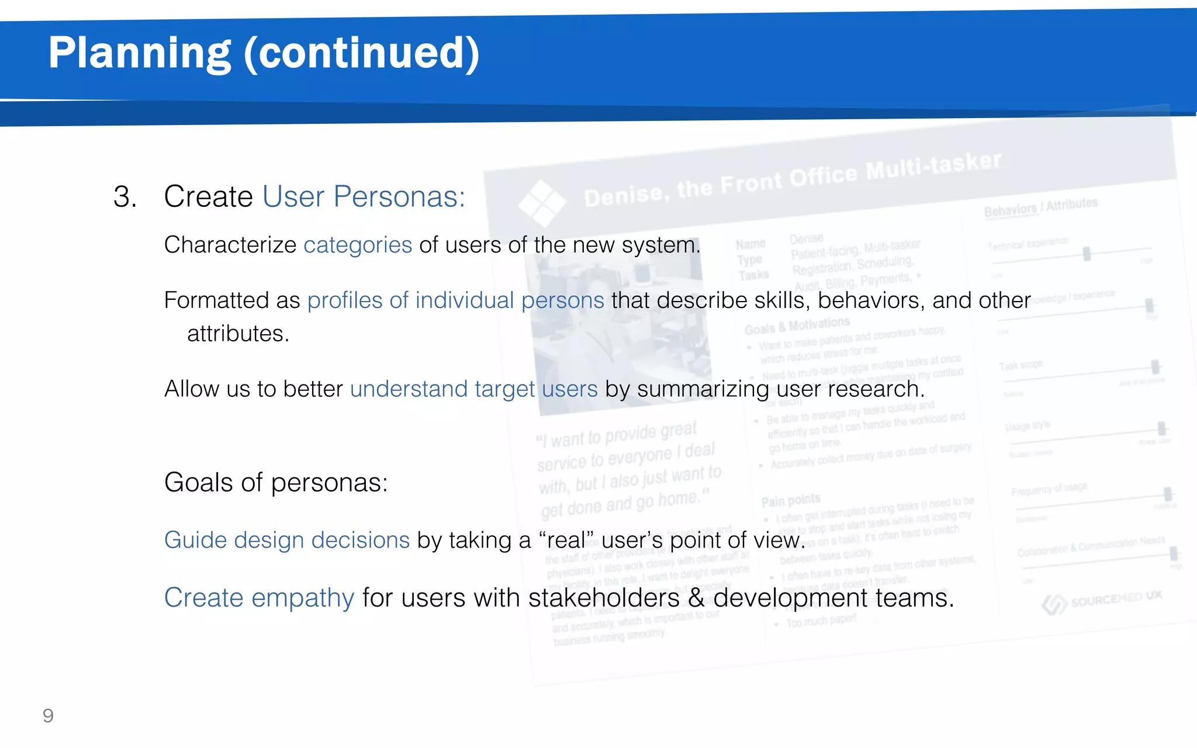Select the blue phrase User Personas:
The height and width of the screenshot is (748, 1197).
364,197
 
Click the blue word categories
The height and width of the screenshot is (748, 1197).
358,245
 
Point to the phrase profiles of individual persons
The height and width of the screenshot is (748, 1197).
455,300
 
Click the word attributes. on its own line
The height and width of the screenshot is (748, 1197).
238,334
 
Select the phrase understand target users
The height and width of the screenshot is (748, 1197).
473,389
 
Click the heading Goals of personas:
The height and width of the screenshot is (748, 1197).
276,483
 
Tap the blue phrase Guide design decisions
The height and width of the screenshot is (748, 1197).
287,540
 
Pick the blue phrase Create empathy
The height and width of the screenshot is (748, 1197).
259,598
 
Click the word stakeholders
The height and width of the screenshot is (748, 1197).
604,598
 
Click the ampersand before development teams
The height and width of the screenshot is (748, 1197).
696,598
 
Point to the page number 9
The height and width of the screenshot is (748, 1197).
48,716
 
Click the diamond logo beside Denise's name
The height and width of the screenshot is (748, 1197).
542,203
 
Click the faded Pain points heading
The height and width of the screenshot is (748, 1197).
790,500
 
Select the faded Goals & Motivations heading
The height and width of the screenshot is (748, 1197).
797,325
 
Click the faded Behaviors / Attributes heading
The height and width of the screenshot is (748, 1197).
1040,207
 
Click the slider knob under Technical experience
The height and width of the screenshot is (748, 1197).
1087,254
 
